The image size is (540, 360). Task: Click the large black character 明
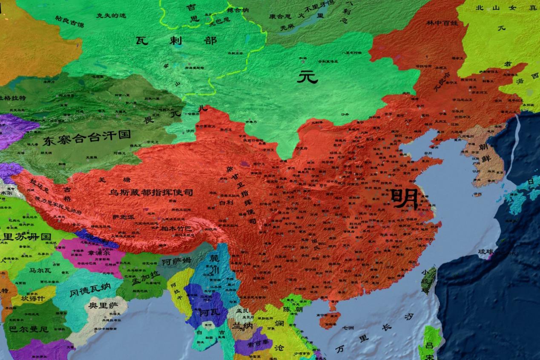click(404, 199)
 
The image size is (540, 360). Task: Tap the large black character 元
click(307, 77)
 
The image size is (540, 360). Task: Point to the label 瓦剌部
click(176, 41)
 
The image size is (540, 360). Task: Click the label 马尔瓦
click(41, 269)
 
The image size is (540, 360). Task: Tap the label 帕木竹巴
click(175, 229)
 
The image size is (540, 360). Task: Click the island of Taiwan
click(428, 280)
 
